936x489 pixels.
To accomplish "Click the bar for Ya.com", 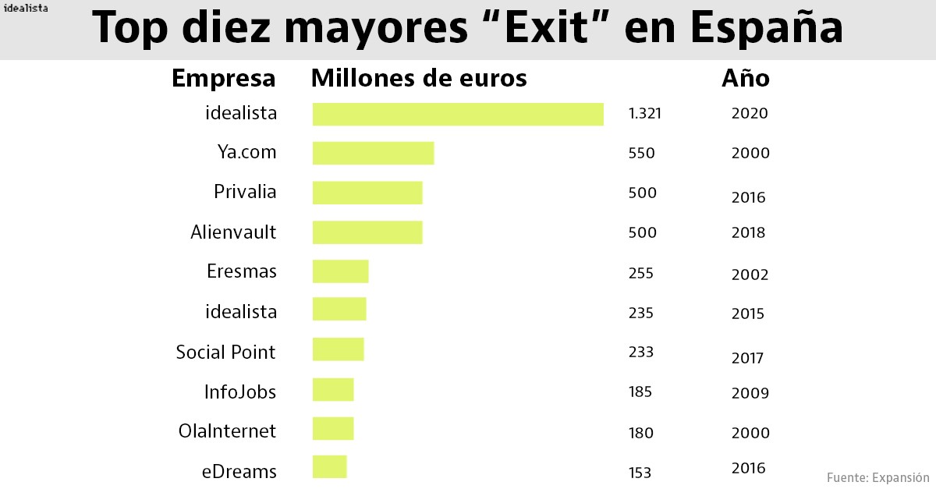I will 373,153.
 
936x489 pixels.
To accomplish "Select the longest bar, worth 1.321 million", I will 458,114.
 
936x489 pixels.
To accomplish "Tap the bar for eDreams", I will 329,466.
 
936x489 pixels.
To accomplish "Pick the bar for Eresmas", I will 340,271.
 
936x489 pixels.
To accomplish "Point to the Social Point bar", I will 338,349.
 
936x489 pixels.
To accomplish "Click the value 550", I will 641,154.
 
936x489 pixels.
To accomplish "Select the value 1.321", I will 644,114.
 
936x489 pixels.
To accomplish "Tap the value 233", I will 640,352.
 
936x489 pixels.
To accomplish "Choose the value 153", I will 639,473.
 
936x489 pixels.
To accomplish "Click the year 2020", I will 750,114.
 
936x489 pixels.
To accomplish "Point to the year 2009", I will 750,394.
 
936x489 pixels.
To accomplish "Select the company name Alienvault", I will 233,232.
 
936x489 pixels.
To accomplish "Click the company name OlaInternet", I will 227,431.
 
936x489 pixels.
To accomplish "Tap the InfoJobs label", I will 239,392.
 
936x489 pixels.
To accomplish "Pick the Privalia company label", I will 245,192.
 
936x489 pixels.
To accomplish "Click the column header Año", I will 745,79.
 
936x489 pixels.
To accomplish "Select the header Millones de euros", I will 419,79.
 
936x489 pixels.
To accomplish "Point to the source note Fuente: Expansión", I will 877,477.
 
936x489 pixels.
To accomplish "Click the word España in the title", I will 767,29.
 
